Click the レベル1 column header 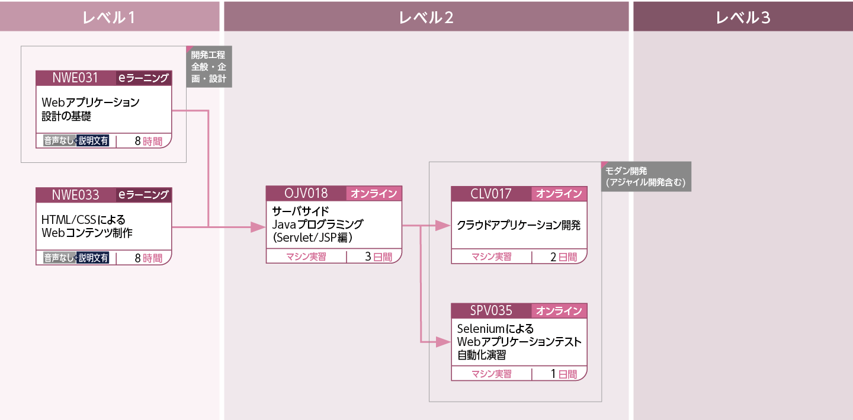pos(110,17)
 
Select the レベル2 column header pos(426,17)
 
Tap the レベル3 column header pos(743,17)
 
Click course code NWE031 pos(75,78)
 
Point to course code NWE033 pos(75,194)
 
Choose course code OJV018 pos(306,193)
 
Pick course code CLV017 pos(491,193)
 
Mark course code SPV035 pos(491,310)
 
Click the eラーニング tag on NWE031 pos(143,78)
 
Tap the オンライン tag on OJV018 pos(374,193)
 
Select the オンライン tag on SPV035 pos(559,310)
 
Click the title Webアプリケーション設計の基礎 pos(91,109)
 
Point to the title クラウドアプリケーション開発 pos(518,225)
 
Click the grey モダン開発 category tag pos(647,177)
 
